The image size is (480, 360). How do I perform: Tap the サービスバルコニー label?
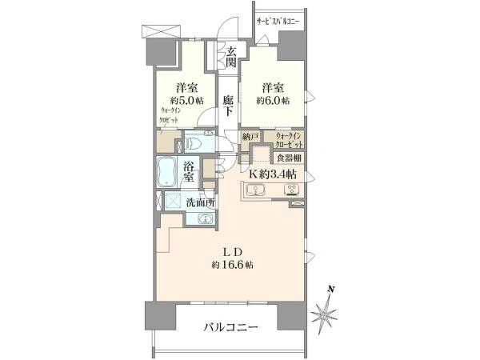[277, 22]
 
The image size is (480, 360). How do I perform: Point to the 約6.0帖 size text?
[274, 101]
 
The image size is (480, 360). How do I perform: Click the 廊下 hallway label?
[228, 106]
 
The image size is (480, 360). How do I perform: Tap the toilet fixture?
[193, 144]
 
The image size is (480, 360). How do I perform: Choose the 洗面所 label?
[199, 203]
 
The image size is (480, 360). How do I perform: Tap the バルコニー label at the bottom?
[230, 327]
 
